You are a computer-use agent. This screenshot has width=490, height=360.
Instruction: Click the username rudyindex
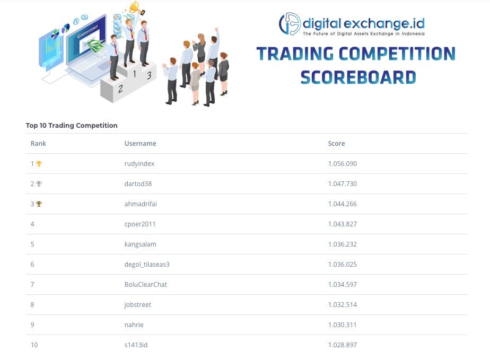pos(139,164)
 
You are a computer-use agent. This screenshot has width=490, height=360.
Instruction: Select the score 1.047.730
pos(342,184)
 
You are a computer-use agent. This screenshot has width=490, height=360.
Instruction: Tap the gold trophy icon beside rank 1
pos(39,164)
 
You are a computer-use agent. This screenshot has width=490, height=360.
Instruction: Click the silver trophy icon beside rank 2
pos(39,184)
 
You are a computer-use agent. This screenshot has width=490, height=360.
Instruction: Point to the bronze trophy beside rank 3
pos(39,204)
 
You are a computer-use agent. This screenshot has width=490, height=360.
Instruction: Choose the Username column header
pos(140,144)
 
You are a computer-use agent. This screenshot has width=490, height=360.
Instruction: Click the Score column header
pos(336,144)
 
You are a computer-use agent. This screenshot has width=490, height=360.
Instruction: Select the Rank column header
pos(38,144)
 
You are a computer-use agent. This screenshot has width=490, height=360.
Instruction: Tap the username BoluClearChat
pos(145,285)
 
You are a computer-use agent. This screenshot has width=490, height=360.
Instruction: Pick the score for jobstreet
pos(342,305)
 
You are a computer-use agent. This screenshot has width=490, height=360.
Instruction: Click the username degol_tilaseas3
pos(147,265)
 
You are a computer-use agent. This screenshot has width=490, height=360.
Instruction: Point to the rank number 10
pos(34,345)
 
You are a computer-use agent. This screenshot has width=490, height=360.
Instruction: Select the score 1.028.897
pos(342,345)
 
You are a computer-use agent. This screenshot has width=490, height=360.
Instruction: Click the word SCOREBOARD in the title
pos(358,77)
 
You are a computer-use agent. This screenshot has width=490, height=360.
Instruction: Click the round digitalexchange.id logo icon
pos(290,24)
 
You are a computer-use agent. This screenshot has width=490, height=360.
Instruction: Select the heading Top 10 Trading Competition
pos(72,126)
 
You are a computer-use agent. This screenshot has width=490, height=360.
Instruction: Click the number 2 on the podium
pos(120,89)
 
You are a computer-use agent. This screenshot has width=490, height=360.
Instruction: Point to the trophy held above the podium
pos(134,7)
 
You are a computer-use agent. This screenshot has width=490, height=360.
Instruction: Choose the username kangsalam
pos(140,244)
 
